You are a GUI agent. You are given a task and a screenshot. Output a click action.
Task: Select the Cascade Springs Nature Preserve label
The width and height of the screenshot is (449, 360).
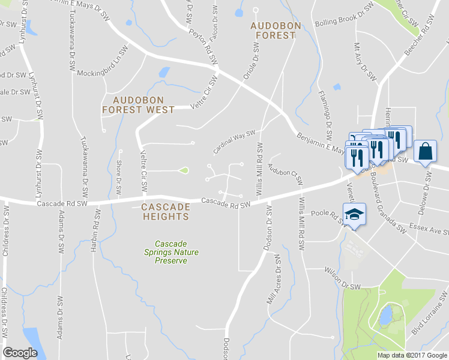pyautogui.click(x=176, y=252)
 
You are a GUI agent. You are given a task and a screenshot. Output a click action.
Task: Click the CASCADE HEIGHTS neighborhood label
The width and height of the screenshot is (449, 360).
pyautogui.click(x=166, y=211)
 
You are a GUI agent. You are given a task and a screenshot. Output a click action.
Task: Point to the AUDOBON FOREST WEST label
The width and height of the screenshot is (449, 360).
pyautogui.click(x=138, y=105)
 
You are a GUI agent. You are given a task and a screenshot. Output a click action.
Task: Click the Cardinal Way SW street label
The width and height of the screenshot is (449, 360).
pyautogui.click(x=235, y=142)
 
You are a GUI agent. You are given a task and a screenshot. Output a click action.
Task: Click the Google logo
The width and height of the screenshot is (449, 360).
pyautogui.click(x=20, y=353)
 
